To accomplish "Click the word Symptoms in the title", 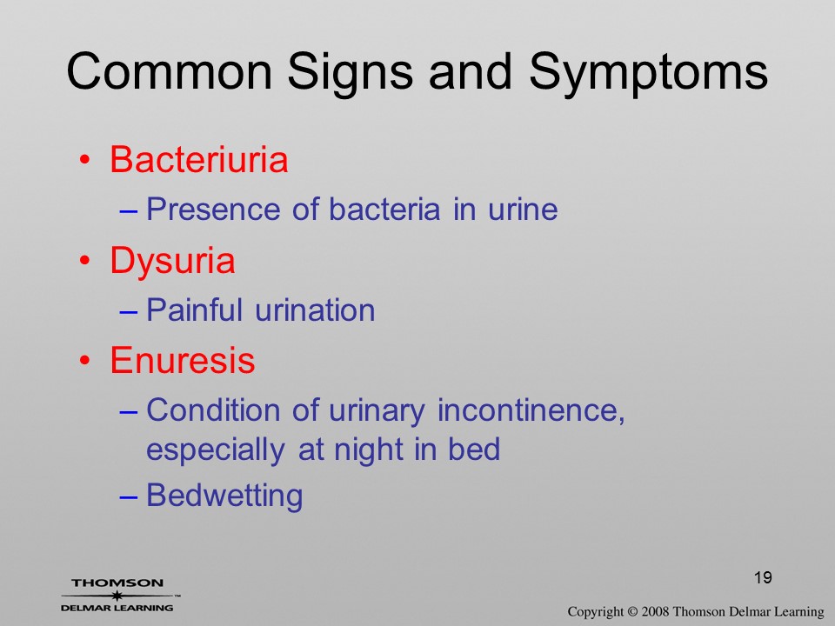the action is [649, 73].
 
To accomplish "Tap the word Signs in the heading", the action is [351, 73].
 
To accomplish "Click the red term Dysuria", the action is [172, 262].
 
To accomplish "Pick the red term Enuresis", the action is [183, 360].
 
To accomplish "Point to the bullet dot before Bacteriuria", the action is [84, 160].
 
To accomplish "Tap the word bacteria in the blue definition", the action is [384, 209].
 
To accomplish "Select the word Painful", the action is [194, 310].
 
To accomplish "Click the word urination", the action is [315, 310].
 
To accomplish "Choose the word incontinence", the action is [531, 410].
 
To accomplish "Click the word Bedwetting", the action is [224, 496].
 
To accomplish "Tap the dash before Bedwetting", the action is [129, 497].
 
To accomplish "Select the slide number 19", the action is [763, 577].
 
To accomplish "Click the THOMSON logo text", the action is [117, 583].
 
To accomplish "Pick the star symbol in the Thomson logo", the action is [117, 596].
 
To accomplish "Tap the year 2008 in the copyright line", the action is [655, 611].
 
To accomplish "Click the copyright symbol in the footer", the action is [632, 611].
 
